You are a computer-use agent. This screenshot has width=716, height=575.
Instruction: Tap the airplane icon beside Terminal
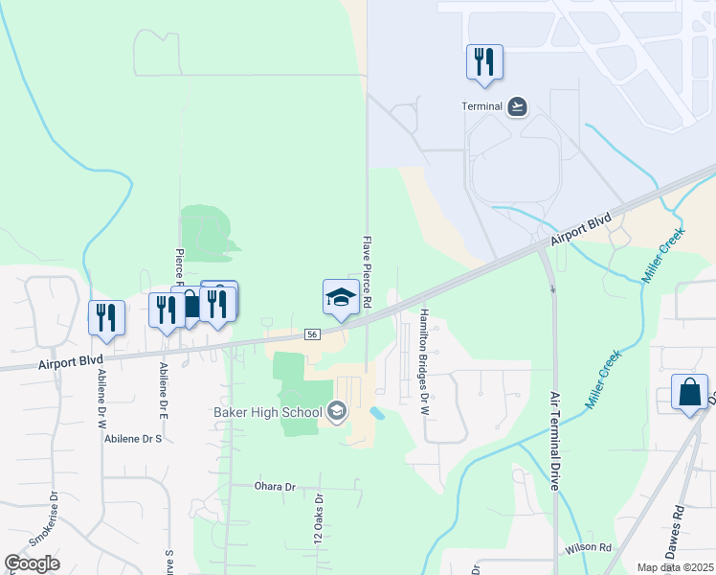click(x=518, y=105)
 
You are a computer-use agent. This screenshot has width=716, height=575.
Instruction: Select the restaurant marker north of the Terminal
click(x=484, y=62)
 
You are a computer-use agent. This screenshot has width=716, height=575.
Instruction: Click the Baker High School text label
click(x=268, y=413)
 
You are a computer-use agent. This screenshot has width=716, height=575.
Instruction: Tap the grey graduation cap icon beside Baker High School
click(x=336, y=412)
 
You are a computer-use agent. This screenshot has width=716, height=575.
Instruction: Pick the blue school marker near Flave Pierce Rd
click(x=341, y=298)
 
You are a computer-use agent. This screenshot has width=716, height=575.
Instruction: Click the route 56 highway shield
click(x=312, y=333)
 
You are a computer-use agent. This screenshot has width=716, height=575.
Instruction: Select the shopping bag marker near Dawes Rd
click(x=689, y=393)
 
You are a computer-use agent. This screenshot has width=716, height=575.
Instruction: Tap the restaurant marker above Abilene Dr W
click(x=106, y=316)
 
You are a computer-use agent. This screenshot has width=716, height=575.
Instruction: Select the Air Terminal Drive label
click(x=554, y=441)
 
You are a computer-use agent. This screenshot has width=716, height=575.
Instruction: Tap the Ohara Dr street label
click(x=275, y=487)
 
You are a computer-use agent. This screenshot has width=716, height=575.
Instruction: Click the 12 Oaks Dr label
click(x=320, y=520)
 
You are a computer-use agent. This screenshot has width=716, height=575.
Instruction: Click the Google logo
click(x=33, y=563)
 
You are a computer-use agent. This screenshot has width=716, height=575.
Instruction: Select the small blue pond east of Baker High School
click(x=376, y=413)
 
